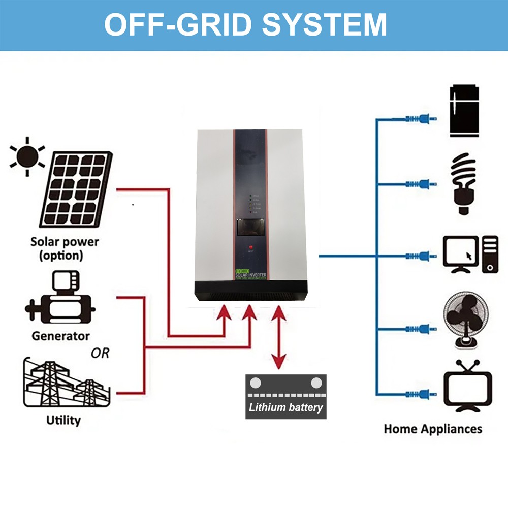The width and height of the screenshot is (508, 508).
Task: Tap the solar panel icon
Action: [x=76, y=189]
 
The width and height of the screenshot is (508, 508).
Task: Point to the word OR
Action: [x=100, y=353]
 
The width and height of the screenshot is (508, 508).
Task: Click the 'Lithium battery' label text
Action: [x=286, y=407]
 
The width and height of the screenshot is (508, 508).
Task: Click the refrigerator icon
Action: [x=464, y=111]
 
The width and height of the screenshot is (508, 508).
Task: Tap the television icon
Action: [x=468, y=386]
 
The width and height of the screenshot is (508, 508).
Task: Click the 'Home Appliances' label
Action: [x=433, y=429]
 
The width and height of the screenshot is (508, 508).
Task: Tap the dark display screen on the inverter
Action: [x=250, y=227]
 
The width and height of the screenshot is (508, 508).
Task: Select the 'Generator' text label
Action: [x=60, y=336]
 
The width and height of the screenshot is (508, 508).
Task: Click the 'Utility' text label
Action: [x=63, y=420]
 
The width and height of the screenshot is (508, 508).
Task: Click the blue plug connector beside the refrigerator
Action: [x=421, y=119]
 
